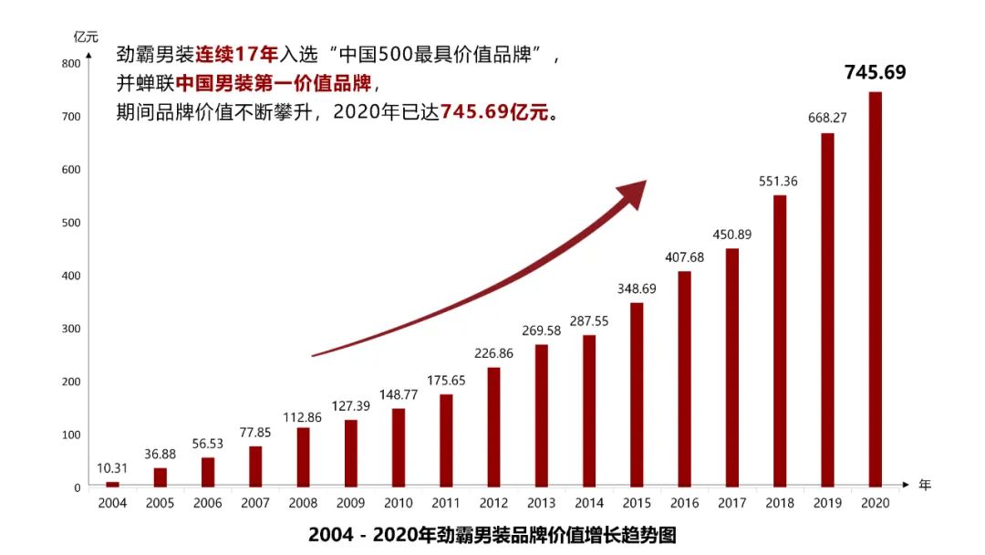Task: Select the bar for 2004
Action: click(x=112, y=484)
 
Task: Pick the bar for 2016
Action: click(x=684, y=379)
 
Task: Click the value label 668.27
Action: click(x=827, y=118)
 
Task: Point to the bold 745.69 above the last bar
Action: click(x=875, y=72)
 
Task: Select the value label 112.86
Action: click(x=303, y=412)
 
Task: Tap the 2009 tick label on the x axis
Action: click(x=350, y=503)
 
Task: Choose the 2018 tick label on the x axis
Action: click(x=779, y=503)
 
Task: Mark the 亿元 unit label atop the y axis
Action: click(x=86, y=37)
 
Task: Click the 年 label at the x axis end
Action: click(x=925, y=485)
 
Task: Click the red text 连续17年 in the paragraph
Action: click(x=236, y=55)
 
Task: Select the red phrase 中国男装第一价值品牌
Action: click(x=274, y=84)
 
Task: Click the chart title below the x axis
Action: click(x=493, y=534)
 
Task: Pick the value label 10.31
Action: click(x=112, y=468)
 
